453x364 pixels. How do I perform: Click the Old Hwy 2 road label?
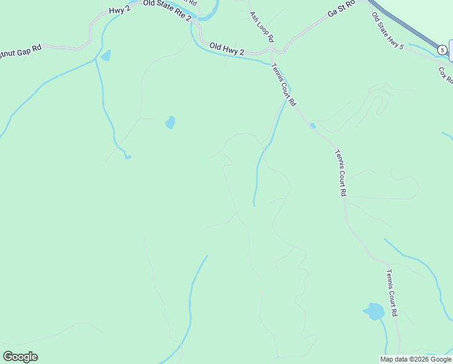[x=226, y=49]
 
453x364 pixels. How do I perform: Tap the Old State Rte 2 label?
[x=167, y=11]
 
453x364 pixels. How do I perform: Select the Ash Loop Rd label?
[x=262, y=27]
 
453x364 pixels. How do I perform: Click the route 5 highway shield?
[x=443, y=49]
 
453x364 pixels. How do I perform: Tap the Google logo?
[x=21, y=357]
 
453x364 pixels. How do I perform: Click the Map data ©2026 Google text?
[x=415, y=359]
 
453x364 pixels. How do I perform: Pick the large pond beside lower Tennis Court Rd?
[x=374, y=312]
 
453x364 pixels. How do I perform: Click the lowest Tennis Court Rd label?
[x=391, y=293]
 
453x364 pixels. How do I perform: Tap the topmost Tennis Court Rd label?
[x=283, y=85]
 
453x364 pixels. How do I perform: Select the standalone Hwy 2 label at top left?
[x=120, y=10]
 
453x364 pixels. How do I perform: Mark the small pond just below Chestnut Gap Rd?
[x=106, y=56]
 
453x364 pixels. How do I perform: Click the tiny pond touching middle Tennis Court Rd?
[x=312, y=126]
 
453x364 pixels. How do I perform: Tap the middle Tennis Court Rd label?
[x=339, y=172]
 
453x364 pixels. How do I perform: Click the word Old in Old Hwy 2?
[x=216, y=46]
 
